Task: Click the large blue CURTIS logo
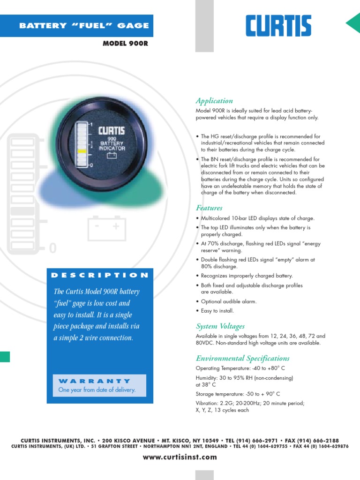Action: click(x=278, y=26)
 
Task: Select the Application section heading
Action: click(x=214, y=101)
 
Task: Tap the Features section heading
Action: click(x=209, y=208)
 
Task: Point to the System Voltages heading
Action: click(x=220, y=326)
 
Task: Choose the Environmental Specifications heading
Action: click(x=243, y=359)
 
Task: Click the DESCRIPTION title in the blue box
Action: click(x=100, y=275)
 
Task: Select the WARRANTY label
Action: click(x=95, y=381)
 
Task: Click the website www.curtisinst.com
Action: click(x=180, y=457)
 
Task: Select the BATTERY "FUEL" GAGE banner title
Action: click(x=84, y=26)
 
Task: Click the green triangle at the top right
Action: click(x=354, y=23)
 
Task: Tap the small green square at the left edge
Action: click(x=4, y=357)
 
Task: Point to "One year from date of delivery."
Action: click(x=97, y=390)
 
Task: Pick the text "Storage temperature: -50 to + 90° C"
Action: click(x=238, y=394)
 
